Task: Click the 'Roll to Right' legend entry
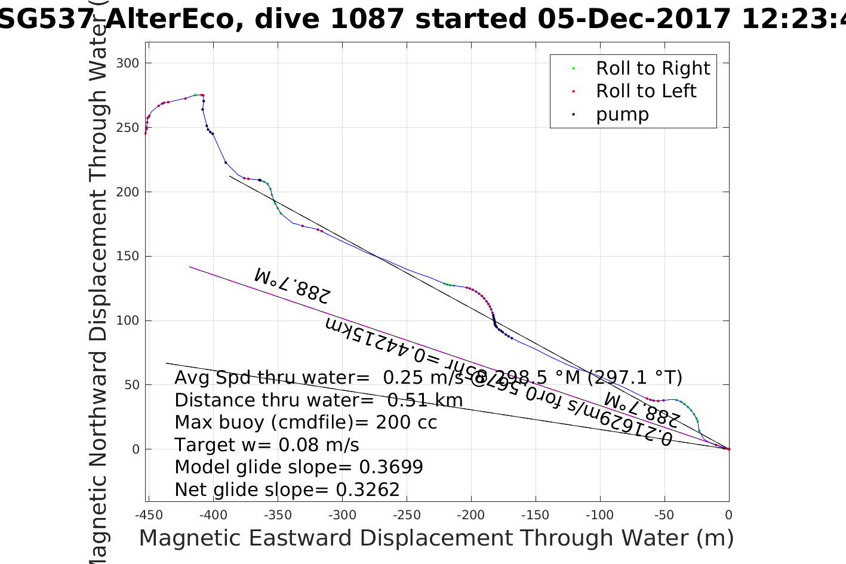[653, 69]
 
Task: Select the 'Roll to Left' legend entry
[645, 91]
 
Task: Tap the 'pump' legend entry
[622, 115]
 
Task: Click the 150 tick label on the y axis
[127, 257]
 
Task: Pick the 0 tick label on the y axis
[135, 449]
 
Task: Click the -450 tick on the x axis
[149, 515]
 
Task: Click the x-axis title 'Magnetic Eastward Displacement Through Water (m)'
[436, 538]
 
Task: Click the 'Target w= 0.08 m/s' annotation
[267, 445]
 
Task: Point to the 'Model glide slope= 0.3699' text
[299, 467]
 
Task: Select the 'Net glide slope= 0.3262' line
[287, 490]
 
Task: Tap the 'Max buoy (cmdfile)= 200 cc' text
[306, 423]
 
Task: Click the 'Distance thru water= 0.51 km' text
[318, 400]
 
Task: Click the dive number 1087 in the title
[367, 19]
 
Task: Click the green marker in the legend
[574, 69]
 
